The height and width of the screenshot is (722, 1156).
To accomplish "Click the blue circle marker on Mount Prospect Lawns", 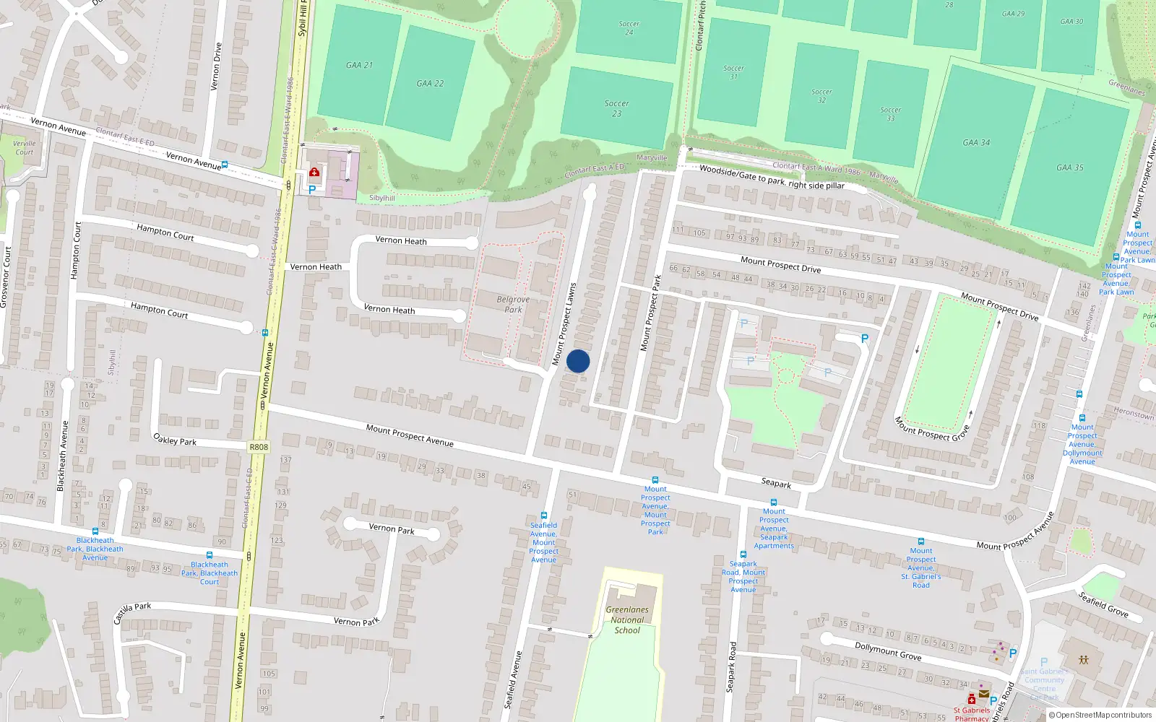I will pyautogui.click(x=578, y=361).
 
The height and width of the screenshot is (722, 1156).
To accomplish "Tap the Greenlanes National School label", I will pyautogui.click(x=627, y=619).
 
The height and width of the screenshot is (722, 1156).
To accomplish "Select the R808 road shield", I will pyautogui.click(x=259, y=447).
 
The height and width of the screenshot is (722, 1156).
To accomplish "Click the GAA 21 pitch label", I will pyautogui.click(x=359, y=65).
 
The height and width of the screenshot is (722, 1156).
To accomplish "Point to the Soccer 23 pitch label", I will pyautogui.click(x=616, y=108).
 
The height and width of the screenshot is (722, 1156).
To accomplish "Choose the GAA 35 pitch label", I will pyautogui.click(x=1069, y=168).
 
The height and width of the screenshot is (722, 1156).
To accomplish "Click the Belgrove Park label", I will pyautogui.click(x=513, y=304).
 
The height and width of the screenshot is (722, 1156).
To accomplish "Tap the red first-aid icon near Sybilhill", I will pyautogui.click(x=314, y=173).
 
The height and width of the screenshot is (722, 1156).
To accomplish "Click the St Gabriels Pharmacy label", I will pyautogui.click(x=971, y=714).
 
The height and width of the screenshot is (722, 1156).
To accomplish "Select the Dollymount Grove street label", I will pyautogui.click(x=888, y=651).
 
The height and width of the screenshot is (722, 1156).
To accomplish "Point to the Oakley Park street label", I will pyautogui.click(x=175, y=439).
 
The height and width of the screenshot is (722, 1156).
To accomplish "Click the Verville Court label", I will pyautogui.click(x=24, y=147).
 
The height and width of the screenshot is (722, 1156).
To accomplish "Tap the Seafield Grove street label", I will pyautogui.click(x=1103, y=604).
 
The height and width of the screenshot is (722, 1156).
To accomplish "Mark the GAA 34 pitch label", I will pyautogui.click(x=976, y=142).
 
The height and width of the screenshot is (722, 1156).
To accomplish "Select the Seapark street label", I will pyautogui.click(x=776, y=482).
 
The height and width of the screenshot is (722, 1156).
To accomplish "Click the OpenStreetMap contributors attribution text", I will pyautogui.click(x=1100, y=716).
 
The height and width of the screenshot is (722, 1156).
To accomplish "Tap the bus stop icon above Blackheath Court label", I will pyautogui.click(x=210, y=555).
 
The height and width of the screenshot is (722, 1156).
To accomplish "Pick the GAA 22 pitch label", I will pyautogui.click(x=430, y=83).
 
